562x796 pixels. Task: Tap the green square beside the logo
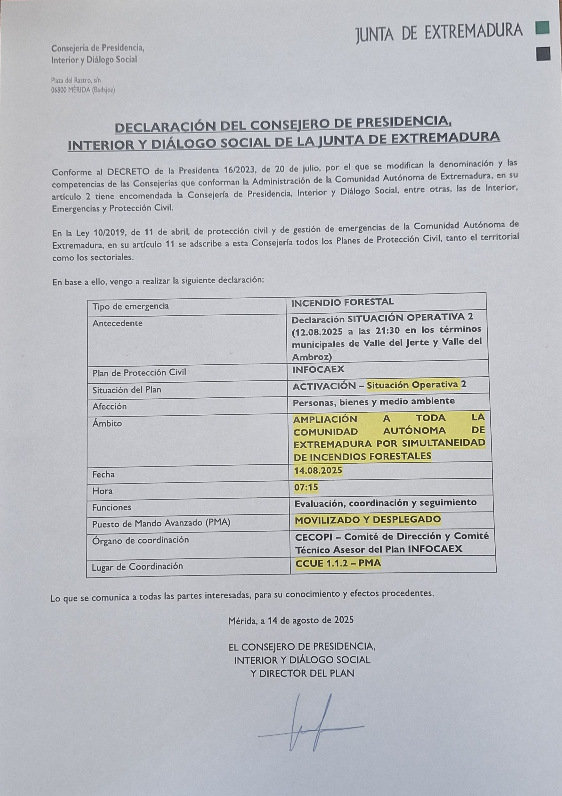point(542,28)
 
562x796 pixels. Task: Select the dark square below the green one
point(543,54)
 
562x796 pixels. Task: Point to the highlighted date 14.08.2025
point(318,470)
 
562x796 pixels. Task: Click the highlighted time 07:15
point(306,487)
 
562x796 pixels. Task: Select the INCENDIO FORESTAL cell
point(342,302)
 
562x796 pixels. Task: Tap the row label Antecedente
point(118,323)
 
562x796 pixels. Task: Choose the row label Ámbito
point(107,423)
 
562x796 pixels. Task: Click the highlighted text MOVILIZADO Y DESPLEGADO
point(368,519)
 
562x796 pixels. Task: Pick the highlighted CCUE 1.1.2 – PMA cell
point(338,563)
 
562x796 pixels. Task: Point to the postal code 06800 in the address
point(59,90)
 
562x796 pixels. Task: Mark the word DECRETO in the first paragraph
point(128,172)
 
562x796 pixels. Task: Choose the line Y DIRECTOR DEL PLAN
point(302,673)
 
